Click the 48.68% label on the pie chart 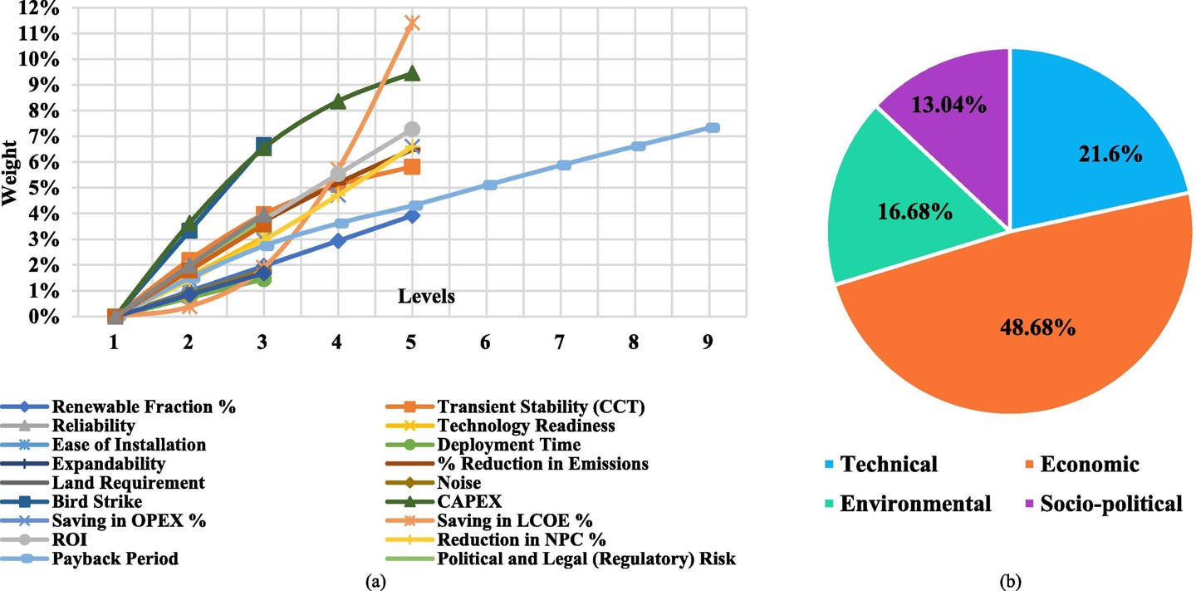1031,328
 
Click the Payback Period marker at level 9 713,128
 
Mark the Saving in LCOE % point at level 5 411,22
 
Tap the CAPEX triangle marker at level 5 411,73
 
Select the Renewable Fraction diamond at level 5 411,216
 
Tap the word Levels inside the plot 426,296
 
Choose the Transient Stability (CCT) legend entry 542,406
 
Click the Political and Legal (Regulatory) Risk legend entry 586,559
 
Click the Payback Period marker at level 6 490,185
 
